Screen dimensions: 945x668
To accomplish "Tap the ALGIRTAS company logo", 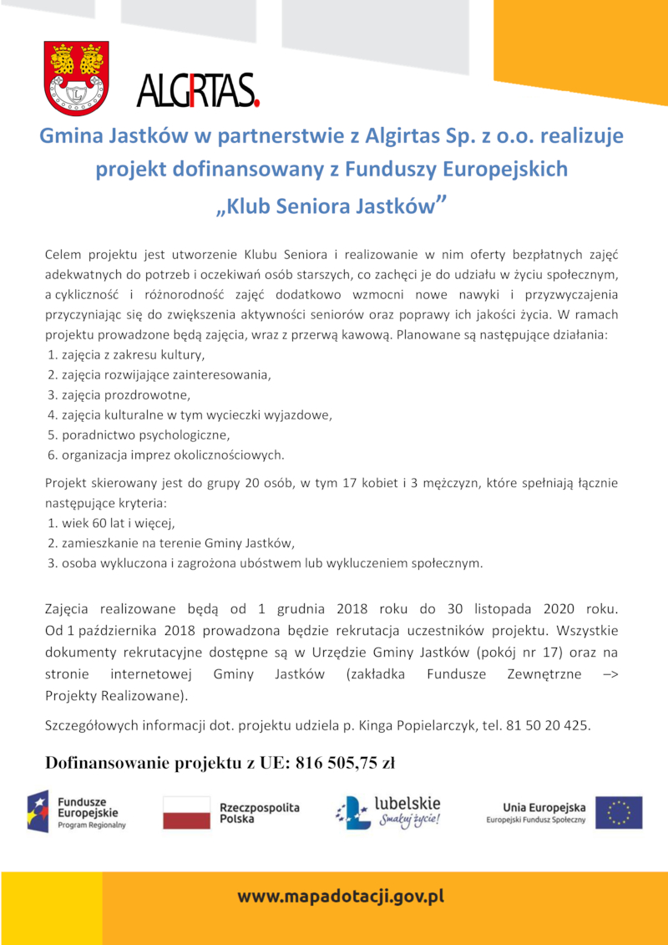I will point(198,90).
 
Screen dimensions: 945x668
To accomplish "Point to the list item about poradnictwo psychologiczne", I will point(139,435).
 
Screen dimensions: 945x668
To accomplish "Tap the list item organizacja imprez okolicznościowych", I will point(166,455).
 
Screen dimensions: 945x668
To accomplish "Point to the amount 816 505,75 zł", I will point(344,763).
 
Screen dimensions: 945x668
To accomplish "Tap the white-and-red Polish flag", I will point(186,812).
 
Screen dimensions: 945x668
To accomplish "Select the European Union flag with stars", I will point(619,812).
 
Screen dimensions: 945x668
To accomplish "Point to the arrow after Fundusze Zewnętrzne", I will point(610,675).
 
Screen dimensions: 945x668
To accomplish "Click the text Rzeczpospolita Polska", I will point(259,813).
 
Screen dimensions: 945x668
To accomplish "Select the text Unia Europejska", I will point(544,807).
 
